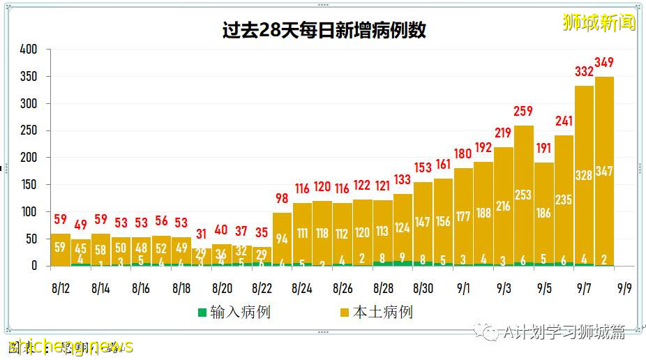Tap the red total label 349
604,63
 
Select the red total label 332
584,72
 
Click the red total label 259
523,111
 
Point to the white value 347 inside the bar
604,171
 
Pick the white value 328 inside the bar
584,175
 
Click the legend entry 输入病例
233,312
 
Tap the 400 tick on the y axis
29,50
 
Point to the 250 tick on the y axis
29,130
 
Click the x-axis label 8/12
61,287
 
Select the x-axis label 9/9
624,287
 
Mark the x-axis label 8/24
302,287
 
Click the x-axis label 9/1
463,287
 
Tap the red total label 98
282,200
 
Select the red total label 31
202,234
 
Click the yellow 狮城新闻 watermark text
599,22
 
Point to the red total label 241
564,121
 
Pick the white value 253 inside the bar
523,195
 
